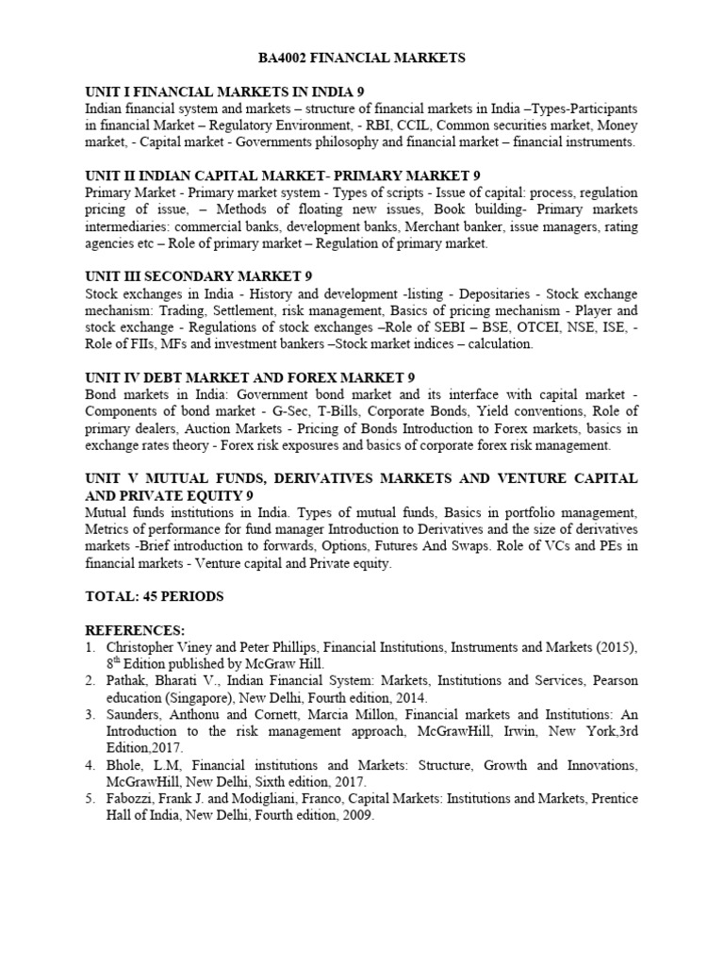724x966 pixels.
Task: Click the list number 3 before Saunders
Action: tap(90, 715)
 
